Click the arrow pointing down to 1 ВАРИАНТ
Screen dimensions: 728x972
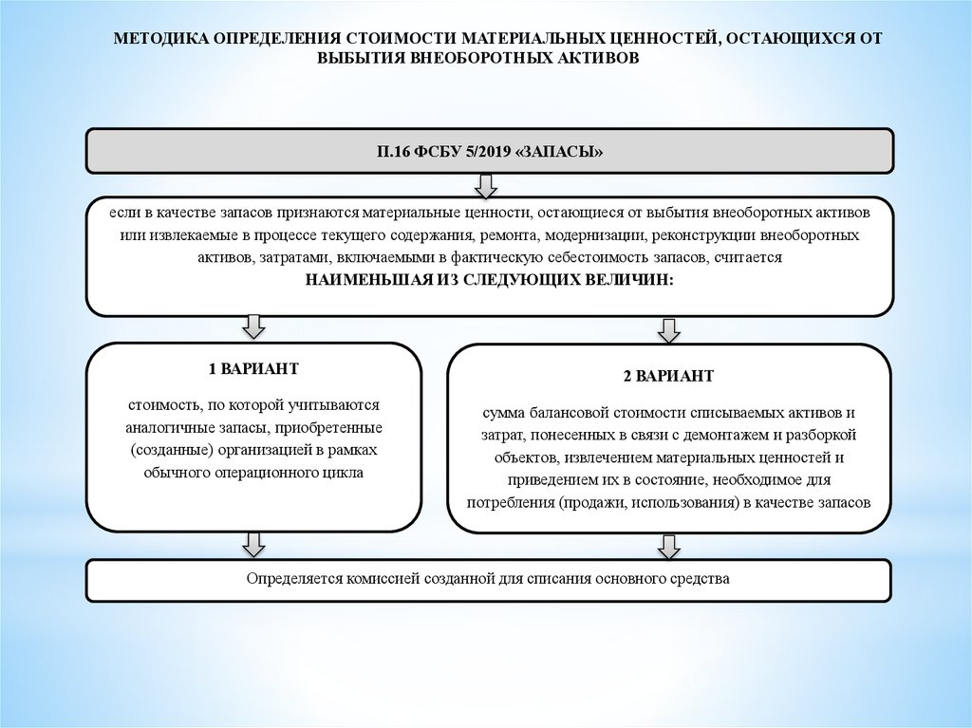coord(253,327)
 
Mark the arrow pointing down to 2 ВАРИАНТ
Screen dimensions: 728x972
coord(669,329)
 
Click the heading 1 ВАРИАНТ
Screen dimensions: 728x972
coord(253,368)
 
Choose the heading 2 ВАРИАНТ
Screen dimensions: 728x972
coord(668,376)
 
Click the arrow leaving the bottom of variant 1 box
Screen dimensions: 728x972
coord(253,545)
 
